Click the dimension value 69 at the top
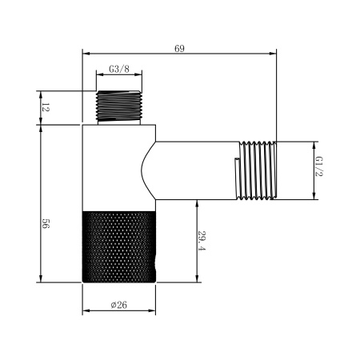[179, 48]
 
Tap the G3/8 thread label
[120, 70]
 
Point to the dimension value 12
[45, 108]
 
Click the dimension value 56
[45, 226]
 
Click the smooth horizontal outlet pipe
[196, 170]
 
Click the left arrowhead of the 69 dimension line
[86, 54]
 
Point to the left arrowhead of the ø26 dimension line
[86, 312]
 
